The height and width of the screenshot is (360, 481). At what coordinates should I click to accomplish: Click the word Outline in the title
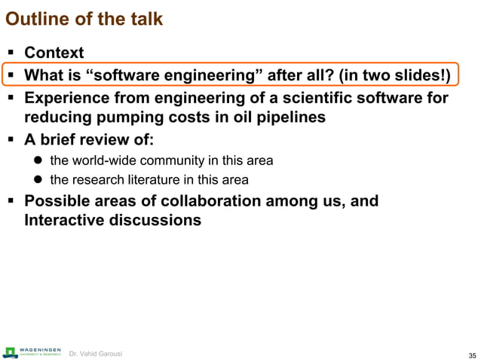[35, 19]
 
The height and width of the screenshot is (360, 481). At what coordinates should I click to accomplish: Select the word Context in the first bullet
[54, 53]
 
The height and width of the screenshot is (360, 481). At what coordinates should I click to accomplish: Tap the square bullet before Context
[10, 53]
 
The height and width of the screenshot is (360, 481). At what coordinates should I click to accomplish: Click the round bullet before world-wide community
[37, 160]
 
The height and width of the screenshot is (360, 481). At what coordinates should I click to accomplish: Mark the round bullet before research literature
[37, 179]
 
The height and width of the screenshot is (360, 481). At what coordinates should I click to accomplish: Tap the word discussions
[157, 221]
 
